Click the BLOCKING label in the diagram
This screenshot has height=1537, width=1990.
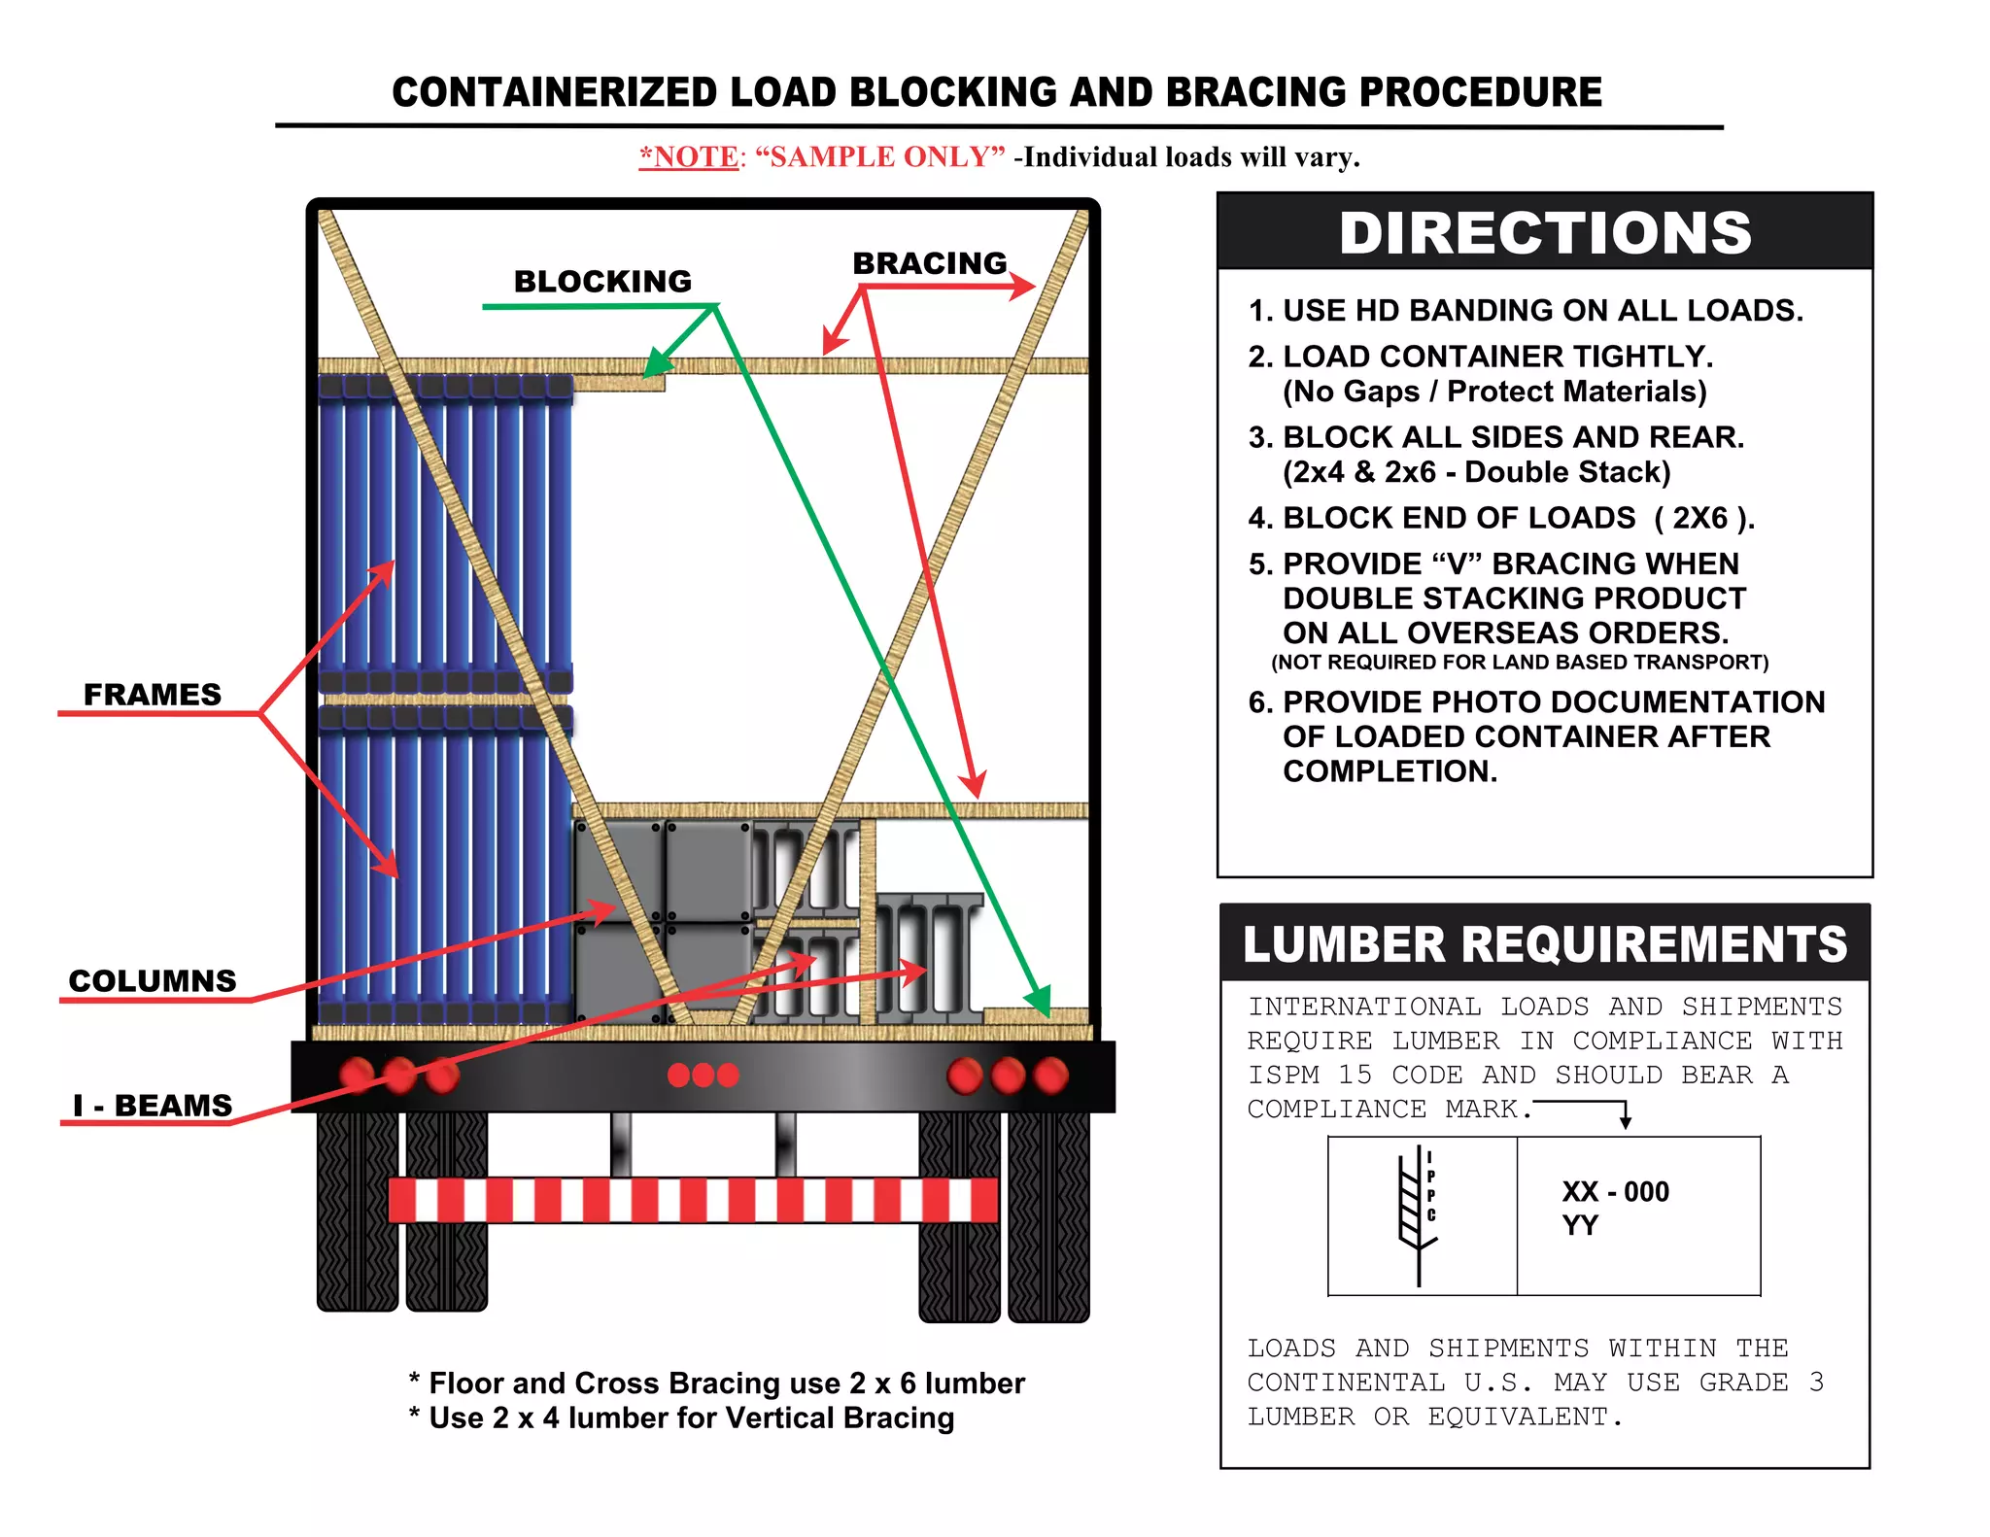click(602, 282)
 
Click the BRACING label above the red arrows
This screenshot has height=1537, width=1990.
click(929, 263)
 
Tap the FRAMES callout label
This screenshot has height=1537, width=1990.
click(153, 695)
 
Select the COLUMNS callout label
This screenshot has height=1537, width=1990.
click(153, 980)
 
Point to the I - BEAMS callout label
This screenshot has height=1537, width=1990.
click(154, 1106)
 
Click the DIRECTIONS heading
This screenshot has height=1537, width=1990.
click(1544, 233)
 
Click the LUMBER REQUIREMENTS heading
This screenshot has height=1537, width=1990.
click(1544, 944)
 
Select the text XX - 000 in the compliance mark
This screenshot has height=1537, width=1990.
click(1615, 1192)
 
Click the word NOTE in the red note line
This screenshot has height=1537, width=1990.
click(695, 157)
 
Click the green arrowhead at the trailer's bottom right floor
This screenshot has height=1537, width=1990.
click(1039, 1001)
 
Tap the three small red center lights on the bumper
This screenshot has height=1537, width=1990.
click(703, 1075)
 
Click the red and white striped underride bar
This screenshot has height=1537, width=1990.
click(693, 1200)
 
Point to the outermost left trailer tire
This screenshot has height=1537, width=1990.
click(357, 1211)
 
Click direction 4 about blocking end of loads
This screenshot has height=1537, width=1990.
click(1500, 518)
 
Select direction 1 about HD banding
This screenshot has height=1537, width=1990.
click(1526, 311)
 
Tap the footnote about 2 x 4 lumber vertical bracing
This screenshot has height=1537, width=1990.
click(682, 1418)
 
